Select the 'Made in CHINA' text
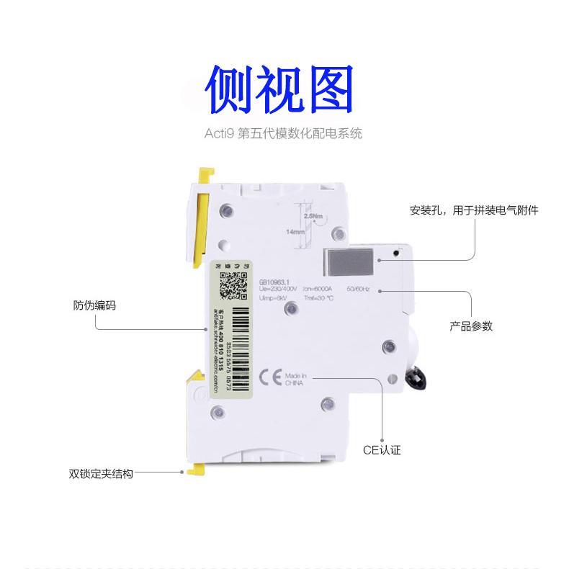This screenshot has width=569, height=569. (296, 380)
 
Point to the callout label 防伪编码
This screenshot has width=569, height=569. (94, 305)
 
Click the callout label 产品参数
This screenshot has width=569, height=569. (471, 326)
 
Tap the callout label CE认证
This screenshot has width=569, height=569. (381, 450)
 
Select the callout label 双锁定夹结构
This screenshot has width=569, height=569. (101, 474)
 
